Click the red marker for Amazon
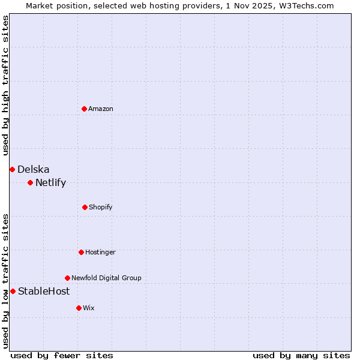point(84,109)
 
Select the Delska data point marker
point(12,169)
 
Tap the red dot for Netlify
point(30,182)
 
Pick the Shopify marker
point(85,207)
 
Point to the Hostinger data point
point(81,252)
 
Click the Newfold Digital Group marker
point(67,278)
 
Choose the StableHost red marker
point(13,291)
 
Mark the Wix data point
point(79,308)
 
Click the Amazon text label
point(101,109)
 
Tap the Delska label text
point(34,169)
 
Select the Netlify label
point(50,182)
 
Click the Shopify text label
point(101,207)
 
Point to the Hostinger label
point(100,252)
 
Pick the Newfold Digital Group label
point(106,278)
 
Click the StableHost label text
point(44,291)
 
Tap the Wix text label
point(89,308)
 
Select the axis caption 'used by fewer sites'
point(62,355)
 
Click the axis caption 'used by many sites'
point(301,355)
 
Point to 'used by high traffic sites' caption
point(5,85)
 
